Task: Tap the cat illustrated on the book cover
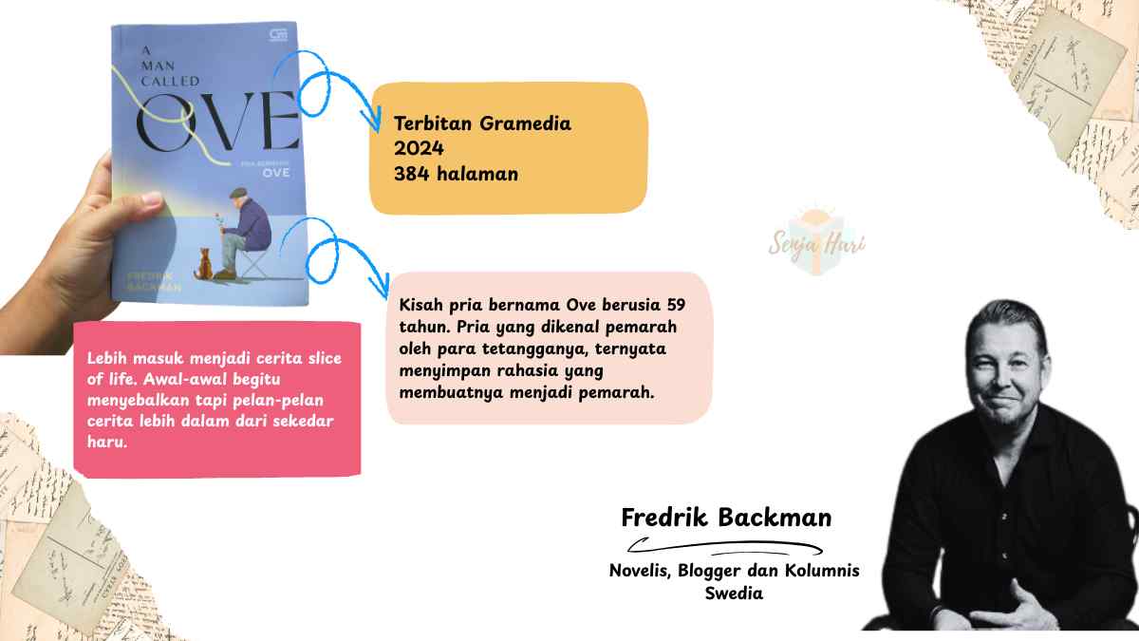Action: point(203,263)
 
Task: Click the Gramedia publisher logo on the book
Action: point(278,37)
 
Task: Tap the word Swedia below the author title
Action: point(734,594)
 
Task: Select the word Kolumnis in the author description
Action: point(824,571)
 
